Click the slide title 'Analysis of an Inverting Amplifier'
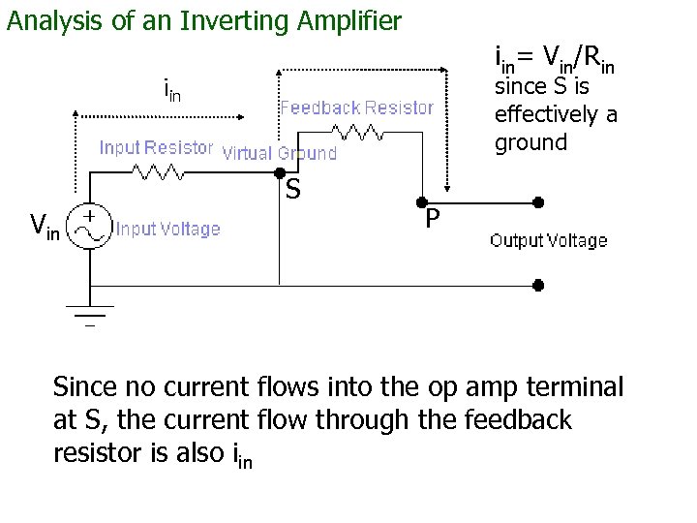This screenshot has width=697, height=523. (x=203, y=20)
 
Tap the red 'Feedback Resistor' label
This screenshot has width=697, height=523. (x=356, y=108)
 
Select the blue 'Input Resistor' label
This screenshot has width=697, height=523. (x=156, y=148)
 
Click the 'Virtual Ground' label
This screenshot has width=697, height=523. (x=280, y=153)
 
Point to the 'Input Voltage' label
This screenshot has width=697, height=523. (x=167, y=230)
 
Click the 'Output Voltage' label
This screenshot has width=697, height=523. (x=549, y=240)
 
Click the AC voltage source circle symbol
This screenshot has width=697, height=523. (x=93, y=228)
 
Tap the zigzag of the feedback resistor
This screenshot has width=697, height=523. (x=354, y=132)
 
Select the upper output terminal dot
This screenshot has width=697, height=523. (x=539, y=204)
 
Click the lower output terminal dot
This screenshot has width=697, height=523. (x=539, y=286)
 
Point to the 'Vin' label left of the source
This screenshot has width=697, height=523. (x=45, y=229)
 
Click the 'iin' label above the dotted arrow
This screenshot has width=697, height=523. (x=171, y=92)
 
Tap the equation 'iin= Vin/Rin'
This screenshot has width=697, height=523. (x=554, y=61)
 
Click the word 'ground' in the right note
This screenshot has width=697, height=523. (x=530, y=143)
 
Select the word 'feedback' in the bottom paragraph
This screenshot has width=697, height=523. (x=523, y=421)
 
